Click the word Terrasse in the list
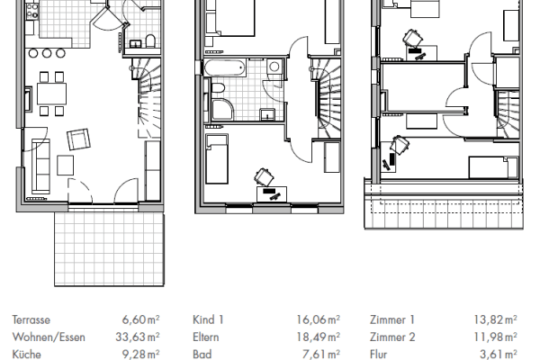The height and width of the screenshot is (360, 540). pos(31,319)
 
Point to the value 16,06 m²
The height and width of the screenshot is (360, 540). pos(321,319)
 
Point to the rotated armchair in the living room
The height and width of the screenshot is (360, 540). pos(80,139)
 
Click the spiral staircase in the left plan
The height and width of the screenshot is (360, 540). pos(148,90)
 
